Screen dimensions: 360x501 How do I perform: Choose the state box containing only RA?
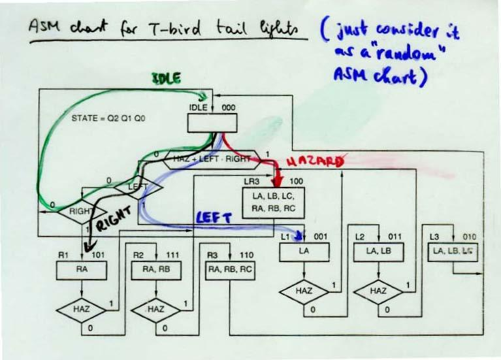[x=82, y=268]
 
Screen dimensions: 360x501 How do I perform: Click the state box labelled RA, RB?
[x=155, y=268]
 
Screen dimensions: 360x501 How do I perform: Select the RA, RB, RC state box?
[x=230, y=268]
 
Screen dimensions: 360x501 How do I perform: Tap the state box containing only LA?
[x=303, y=252]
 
